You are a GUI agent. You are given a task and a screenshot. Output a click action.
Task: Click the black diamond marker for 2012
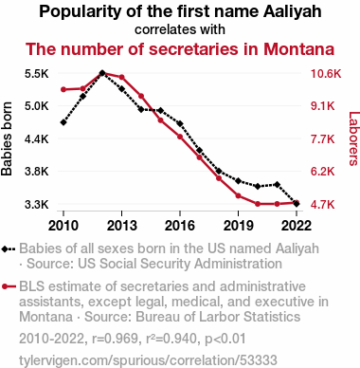point(102,73)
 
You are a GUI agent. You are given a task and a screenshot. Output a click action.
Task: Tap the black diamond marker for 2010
point(63,122)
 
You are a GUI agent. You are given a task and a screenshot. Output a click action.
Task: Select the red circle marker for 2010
point(63,89)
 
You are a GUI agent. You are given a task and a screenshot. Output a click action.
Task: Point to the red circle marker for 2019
point(238,196)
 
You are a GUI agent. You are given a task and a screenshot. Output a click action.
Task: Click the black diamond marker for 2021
point(277,184)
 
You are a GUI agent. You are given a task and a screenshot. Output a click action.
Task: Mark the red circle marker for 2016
point(180,137)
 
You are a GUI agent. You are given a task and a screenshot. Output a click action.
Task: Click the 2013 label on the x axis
point(121,226)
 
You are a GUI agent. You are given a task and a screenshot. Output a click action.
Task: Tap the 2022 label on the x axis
point(297,226)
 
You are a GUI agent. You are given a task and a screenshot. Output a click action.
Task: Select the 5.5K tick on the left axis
point(37,74)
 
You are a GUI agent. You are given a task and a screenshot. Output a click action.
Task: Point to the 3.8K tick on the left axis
point(37,172)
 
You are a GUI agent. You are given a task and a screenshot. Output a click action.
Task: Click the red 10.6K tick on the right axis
point(326,74)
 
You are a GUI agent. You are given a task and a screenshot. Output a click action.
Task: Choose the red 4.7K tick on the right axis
point(323,205)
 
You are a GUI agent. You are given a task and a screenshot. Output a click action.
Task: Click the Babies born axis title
point(7,138)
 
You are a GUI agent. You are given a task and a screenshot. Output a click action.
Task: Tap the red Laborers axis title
point(353,138)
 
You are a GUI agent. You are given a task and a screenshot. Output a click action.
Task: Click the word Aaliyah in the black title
point(293,12)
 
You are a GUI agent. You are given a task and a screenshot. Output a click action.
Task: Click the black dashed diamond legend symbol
point(9,249)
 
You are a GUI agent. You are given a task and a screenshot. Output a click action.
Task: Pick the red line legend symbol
point(9,286)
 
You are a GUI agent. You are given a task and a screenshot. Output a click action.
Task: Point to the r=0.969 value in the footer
point(115,339)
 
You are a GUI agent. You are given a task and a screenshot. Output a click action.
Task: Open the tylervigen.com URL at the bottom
point(148,360)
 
